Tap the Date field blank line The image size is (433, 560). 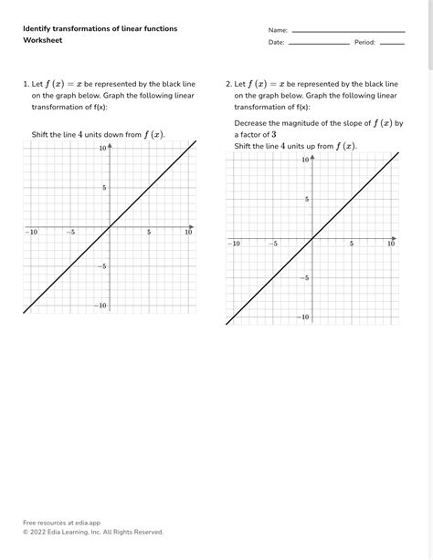tap(319, 43)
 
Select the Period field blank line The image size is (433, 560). tap(392, 43)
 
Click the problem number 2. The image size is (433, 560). tap(228, 83)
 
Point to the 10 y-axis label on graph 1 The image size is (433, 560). tap(103, 148)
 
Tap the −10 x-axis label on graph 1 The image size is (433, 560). tap(31, 233)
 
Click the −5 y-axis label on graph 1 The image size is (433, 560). tap(102, 265)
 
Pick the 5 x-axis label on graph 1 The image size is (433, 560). tap(149, 233)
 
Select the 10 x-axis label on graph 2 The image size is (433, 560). tap(391, 244)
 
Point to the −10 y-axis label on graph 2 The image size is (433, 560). tap(304, 316)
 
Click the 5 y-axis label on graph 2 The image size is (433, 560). tap(307, 199)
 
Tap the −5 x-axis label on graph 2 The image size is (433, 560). tap(272, 244)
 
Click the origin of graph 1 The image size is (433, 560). tap(110, 226)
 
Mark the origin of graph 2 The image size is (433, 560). tap(312, 237)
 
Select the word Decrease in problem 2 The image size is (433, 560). tap(253, 122)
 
